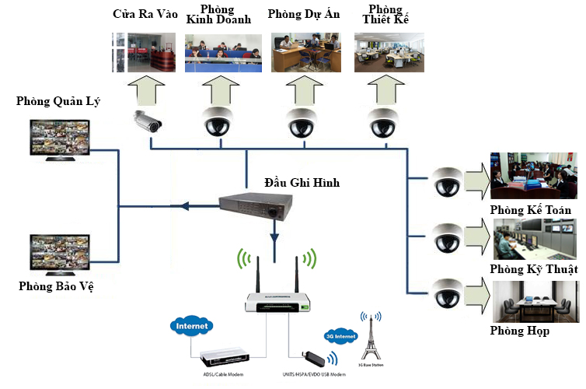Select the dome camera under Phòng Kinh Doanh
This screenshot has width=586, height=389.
click(x=218, y=121)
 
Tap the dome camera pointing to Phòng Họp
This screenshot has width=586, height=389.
click(x=448, y=292)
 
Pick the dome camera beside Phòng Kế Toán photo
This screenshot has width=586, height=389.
click(x=448, y=180)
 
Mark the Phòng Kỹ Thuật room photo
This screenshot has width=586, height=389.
click(x=535, y=239)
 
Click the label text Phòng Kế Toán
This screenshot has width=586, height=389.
click(x=532, y=211)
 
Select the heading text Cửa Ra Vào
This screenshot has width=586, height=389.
click(x=145, y=14)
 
